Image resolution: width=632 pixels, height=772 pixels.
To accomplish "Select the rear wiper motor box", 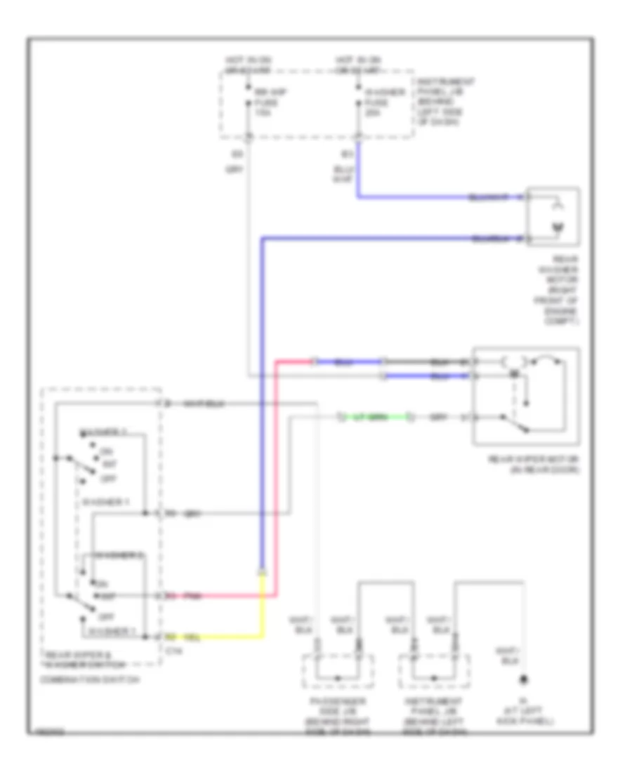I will [x=527, y=396].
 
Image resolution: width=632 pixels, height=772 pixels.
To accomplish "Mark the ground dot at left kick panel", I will [x=523, y=681].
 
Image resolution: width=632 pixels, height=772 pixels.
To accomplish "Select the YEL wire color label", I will [x=190, y=637].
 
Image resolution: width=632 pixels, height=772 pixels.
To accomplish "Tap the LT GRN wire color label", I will [x=366, y=418].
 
